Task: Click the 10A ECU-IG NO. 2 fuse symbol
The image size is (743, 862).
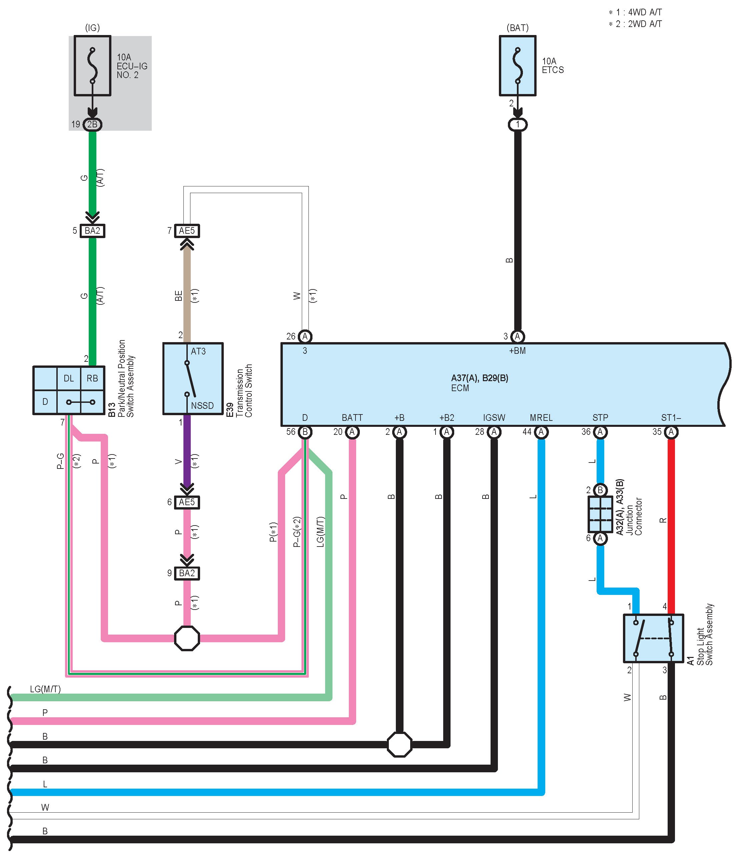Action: coord(92,66)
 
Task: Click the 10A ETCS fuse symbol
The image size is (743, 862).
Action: coord(518,66)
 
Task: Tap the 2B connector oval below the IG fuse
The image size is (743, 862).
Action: coord(92,124)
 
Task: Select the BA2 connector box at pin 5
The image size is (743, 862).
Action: coord(92,230)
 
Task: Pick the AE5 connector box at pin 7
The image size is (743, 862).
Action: coord(187,230)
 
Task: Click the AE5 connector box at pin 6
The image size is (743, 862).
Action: coord(187,502)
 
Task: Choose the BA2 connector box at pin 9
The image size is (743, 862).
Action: coord(187,573)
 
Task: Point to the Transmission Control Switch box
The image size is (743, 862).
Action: coord(193,378)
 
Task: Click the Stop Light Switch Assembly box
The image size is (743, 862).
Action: coord(654,638)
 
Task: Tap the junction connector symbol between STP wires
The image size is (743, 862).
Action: coord(600,514)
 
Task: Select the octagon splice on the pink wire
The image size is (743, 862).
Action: coord(187,638)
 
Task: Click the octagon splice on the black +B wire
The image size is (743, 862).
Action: coord(400,744)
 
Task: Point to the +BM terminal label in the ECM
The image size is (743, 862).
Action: coord(518,351)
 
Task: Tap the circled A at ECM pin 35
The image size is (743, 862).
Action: coord(671,432)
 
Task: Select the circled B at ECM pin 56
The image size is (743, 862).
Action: coord(305,432)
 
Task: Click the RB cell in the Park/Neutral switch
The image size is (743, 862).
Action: coord(92,378)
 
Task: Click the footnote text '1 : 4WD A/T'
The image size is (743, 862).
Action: coord(639,12)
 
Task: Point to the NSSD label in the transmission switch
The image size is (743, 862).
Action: coord(202,405)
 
